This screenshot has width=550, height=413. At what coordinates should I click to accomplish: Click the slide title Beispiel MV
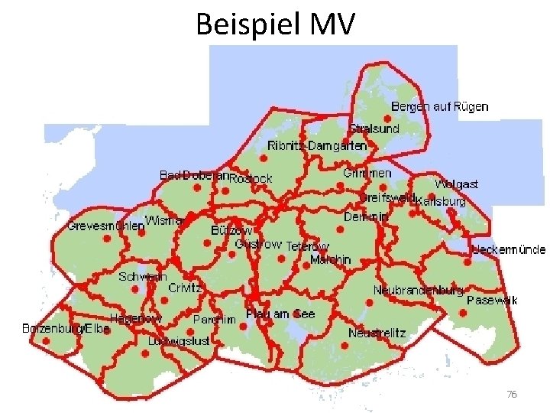coord(275,25)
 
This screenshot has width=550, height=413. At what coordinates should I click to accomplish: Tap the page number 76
coord(512,394)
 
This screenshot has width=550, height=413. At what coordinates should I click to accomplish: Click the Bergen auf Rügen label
coord(439,106)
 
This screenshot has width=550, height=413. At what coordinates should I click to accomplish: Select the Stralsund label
coord(374,128)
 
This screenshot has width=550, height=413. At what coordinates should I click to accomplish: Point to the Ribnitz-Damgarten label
coord(317,145)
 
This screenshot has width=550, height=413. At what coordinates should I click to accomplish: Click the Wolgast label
coord(456,184)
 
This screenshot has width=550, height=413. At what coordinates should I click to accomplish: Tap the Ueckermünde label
coord(509,249)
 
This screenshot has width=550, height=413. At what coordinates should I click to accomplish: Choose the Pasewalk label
coord(492,300)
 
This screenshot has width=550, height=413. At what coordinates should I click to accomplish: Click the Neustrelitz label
coord(377,333)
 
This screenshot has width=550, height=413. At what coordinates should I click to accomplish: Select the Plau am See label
coord(280,314)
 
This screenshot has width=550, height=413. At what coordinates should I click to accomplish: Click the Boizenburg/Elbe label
coord(66,328)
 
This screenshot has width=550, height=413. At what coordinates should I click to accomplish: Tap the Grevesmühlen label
coord(105,226)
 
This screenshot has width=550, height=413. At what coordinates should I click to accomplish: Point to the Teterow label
coord(307,246)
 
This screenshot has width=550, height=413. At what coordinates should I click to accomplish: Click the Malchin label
coord(331,259)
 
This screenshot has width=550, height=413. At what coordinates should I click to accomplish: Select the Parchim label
coord(214,320)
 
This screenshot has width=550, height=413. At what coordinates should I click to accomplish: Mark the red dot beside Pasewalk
coord(464,312)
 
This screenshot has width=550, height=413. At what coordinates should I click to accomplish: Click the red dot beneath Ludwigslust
coord(146,355)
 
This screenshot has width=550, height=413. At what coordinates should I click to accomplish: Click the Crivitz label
coord(185,288)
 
